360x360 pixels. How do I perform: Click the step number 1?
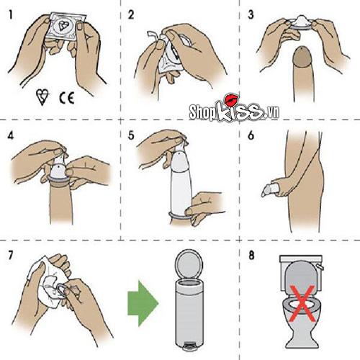[x=11, y=15]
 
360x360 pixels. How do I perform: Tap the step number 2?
[x=131, y=15]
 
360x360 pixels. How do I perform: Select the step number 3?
[x=251, y=15]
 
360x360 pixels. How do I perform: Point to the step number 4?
[x=11, y=136]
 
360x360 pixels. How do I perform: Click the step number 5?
[x=131, y=136]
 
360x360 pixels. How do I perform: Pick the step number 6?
[x=251, y=136]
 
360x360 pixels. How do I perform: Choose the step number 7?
[x=11, y=256]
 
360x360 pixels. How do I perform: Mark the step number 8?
[x=251, y=256]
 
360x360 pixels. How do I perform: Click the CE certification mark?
[x=66, y=98]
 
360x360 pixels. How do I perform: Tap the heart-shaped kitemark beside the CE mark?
[x=42, y=96]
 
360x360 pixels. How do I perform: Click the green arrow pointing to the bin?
[x=143, y=303]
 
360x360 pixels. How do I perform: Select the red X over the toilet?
[x=302, y=303]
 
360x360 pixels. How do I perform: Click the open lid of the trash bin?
[x=189, y=264]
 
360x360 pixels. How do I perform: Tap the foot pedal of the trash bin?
[x=189, y=347]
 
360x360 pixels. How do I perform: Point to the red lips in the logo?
[x=231, y=100]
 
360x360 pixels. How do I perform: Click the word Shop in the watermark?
[x=202, y=112]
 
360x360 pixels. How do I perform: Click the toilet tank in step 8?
[x=301, y=260]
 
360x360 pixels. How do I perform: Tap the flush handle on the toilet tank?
[x=320, y=267]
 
